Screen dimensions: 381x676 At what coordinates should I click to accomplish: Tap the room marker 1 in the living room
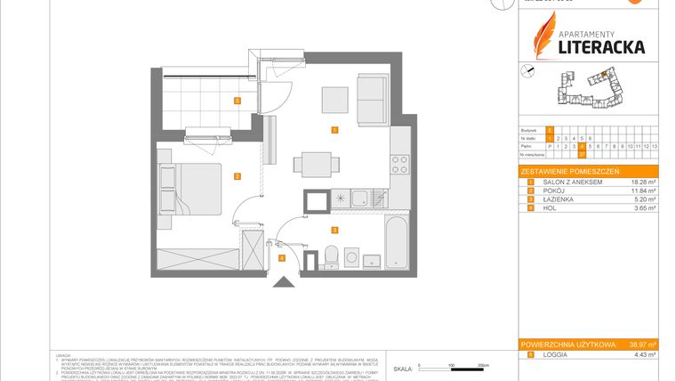tap(334, 130)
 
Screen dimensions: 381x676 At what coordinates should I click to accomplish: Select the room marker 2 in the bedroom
tap(237, 176)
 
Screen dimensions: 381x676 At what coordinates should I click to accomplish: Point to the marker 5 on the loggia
tap(237, 101)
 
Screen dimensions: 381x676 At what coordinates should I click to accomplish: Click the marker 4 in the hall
tap(281, 258)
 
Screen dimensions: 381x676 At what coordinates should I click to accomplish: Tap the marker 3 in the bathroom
tap(334, 230)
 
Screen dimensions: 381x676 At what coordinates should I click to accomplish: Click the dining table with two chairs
tap(319, 165)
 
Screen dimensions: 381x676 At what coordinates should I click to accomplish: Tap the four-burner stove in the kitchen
tap(400, 165)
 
